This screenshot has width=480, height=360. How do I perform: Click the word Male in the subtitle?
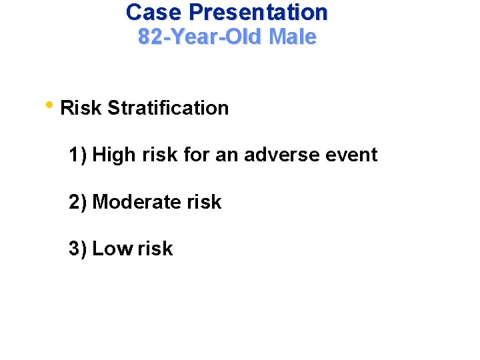[292, 37]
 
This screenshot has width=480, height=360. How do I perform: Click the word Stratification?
[167, 108]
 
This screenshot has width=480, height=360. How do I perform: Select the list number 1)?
[77, 155]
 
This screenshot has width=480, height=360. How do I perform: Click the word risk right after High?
[159, 155]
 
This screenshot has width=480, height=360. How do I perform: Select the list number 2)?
[77, 202]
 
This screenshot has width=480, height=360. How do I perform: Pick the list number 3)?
[77, 249]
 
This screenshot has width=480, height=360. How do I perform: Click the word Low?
[113, 249]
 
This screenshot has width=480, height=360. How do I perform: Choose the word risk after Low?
[155, 249]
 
